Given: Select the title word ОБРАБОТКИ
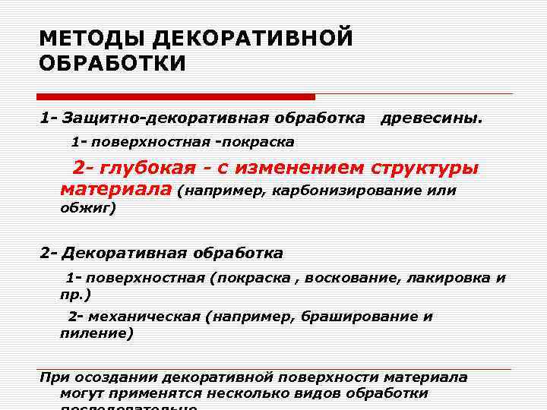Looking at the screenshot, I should [112, 64].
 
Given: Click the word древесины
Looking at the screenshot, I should [431, 118].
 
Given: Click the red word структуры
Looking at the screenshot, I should [425, 168].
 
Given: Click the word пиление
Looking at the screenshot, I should [94, 333].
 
